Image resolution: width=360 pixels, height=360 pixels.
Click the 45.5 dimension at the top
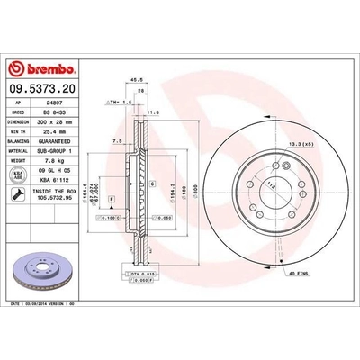click(x=139, y=80)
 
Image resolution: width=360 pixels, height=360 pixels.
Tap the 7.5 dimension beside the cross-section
click(x=118, y=142)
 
